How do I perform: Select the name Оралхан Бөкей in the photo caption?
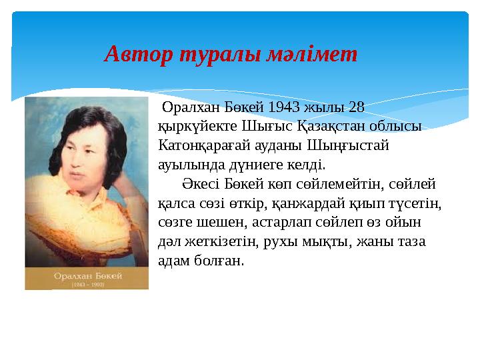coord(87,274)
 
